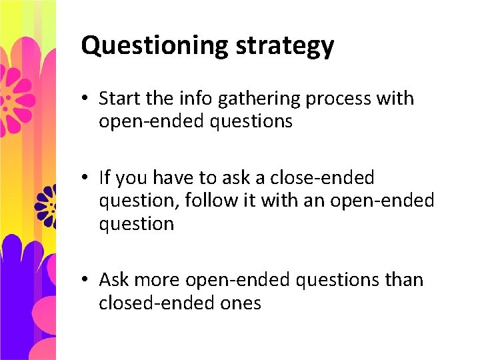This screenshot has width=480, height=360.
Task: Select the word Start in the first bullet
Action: coord(120,99)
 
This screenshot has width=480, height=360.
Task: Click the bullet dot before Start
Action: coord(87,99)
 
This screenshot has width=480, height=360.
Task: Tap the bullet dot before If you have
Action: coord(87,178)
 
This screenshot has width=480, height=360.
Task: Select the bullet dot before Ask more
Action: coord(87,280)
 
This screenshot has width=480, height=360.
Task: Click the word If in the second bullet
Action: coord(104,178)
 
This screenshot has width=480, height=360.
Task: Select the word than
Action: coord(403,280)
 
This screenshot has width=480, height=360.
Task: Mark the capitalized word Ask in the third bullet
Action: coord(114,280)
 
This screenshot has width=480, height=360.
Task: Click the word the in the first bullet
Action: coord(159,99)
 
